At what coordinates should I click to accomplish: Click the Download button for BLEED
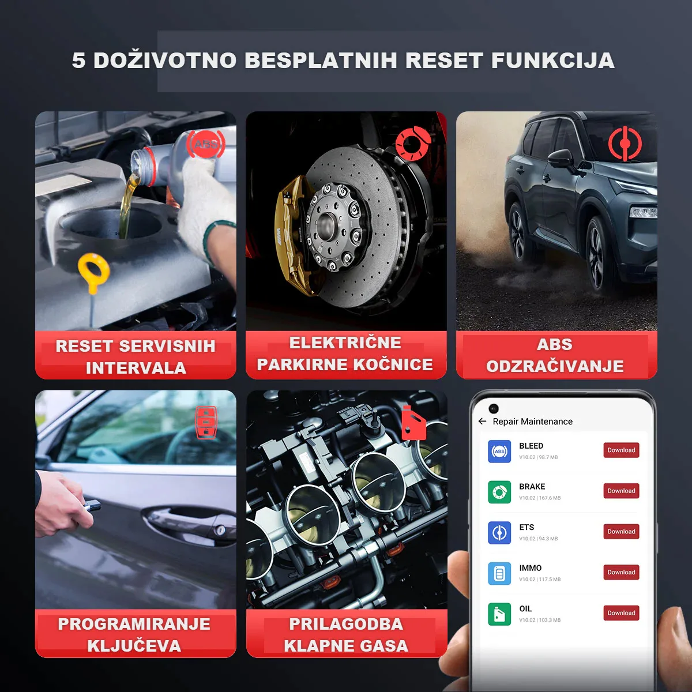(621, 450)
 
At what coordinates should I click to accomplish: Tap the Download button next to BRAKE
(621, 491)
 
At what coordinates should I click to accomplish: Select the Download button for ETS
(621, 532)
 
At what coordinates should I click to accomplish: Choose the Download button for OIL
(621, 613)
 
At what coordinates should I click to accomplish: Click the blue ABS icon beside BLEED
(499, 452)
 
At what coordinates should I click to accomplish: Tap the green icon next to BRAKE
(499, 492)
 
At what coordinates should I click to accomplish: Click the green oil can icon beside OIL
(499, 614)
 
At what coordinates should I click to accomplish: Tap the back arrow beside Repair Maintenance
(483, 422)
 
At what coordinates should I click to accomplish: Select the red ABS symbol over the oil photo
(206, 144)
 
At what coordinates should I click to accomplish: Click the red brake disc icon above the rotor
(413, 144)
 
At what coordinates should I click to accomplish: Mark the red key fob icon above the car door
(206, 422)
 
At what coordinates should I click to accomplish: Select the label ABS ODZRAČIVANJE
(555, 355)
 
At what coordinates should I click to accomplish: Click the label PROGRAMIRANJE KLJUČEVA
(134, 634)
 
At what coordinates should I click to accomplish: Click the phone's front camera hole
(494, 408)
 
